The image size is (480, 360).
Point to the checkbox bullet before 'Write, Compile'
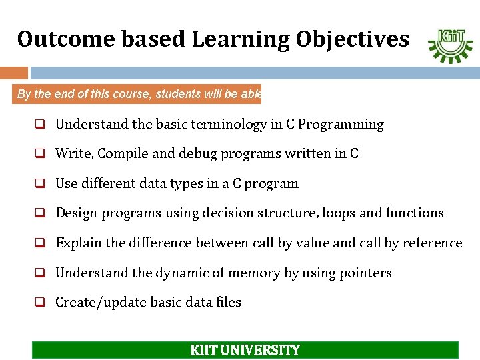(40, 154)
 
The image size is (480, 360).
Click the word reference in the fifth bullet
(432, 243)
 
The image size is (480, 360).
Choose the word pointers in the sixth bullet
(366, 273)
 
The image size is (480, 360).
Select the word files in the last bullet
(228, 302)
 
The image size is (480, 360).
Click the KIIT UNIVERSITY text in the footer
(245, 350)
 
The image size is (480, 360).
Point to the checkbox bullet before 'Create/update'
(40, 302)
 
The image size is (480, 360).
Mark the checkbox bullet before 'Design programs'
(40, 213)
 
